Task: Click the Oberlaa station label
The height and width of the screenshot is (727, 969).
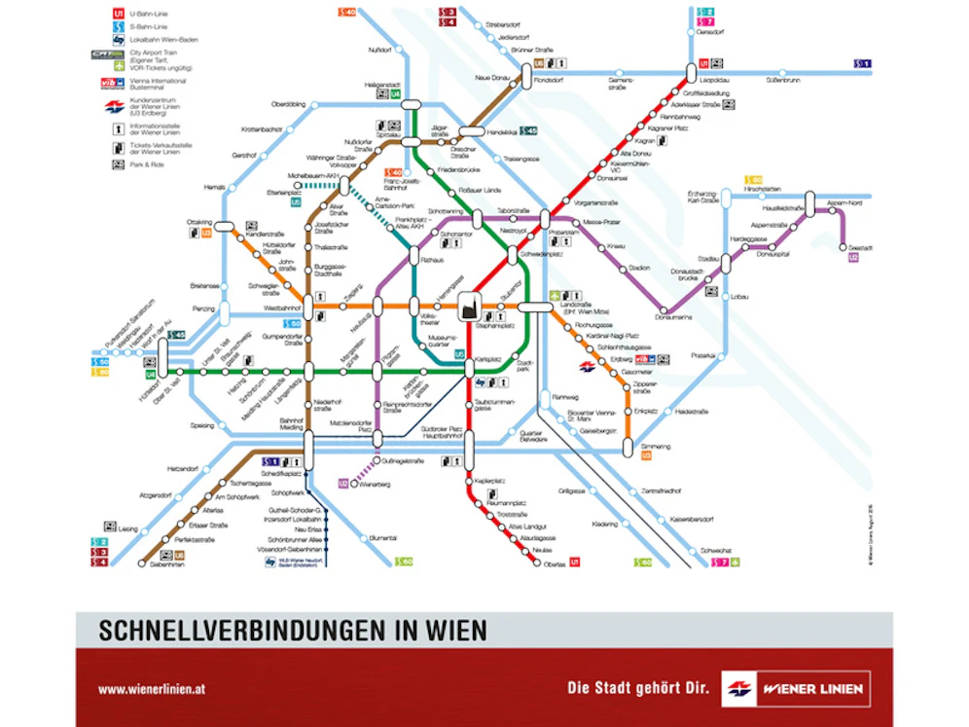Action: coord(555,562)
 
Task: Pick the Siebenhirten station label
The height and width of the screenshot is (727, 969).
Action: coord(167,563)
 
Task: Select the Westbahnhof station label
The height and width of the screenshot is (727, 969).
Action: coord(281,308)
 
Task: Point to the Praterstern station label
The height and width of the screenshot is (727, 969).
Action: coord(563,233)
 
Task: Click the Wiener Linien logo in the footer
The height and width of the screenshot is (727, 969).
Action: coord(795,689)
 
